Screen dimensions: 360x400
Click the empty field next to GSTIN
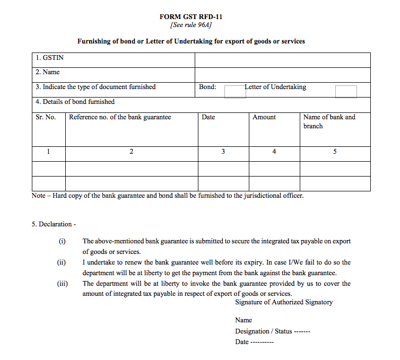click(282, 59)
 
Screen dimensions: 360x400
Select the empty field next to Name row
click(282, 74)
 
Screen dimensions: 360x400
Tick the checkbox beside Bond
click(235, 91)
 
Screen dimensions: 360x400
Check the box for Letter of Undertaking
click(346, 91)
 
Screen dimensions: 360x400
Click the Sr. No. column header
click(46, 117)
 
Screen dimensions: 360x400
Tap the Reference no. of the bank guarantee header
click(120, 117)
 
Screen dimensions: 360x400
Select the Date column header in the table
click(208, 117)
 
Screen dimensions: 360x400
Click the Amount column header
click(264, 117)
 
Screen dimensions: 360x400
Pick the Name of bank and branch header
click(329, 121)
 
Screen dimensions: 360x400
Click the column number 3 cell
click(223, 152)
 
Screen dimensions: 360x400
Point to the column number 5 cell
click(335, 152)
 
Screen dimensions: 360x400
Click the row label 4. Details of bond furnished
click(75, 102)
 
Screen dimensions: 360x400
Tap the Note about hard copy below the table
click(168, 196)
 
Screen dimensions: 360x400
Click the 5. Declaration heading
click(54, 224)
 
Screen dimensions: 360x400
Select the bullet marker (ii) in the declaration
click(62, 262)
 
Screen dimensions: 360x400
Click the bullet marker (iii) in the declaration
click(63, 284)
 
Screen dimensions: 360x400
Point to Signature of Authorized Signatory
click(284, 302)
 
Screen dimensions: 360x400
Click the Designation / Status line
click(272, 331)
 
